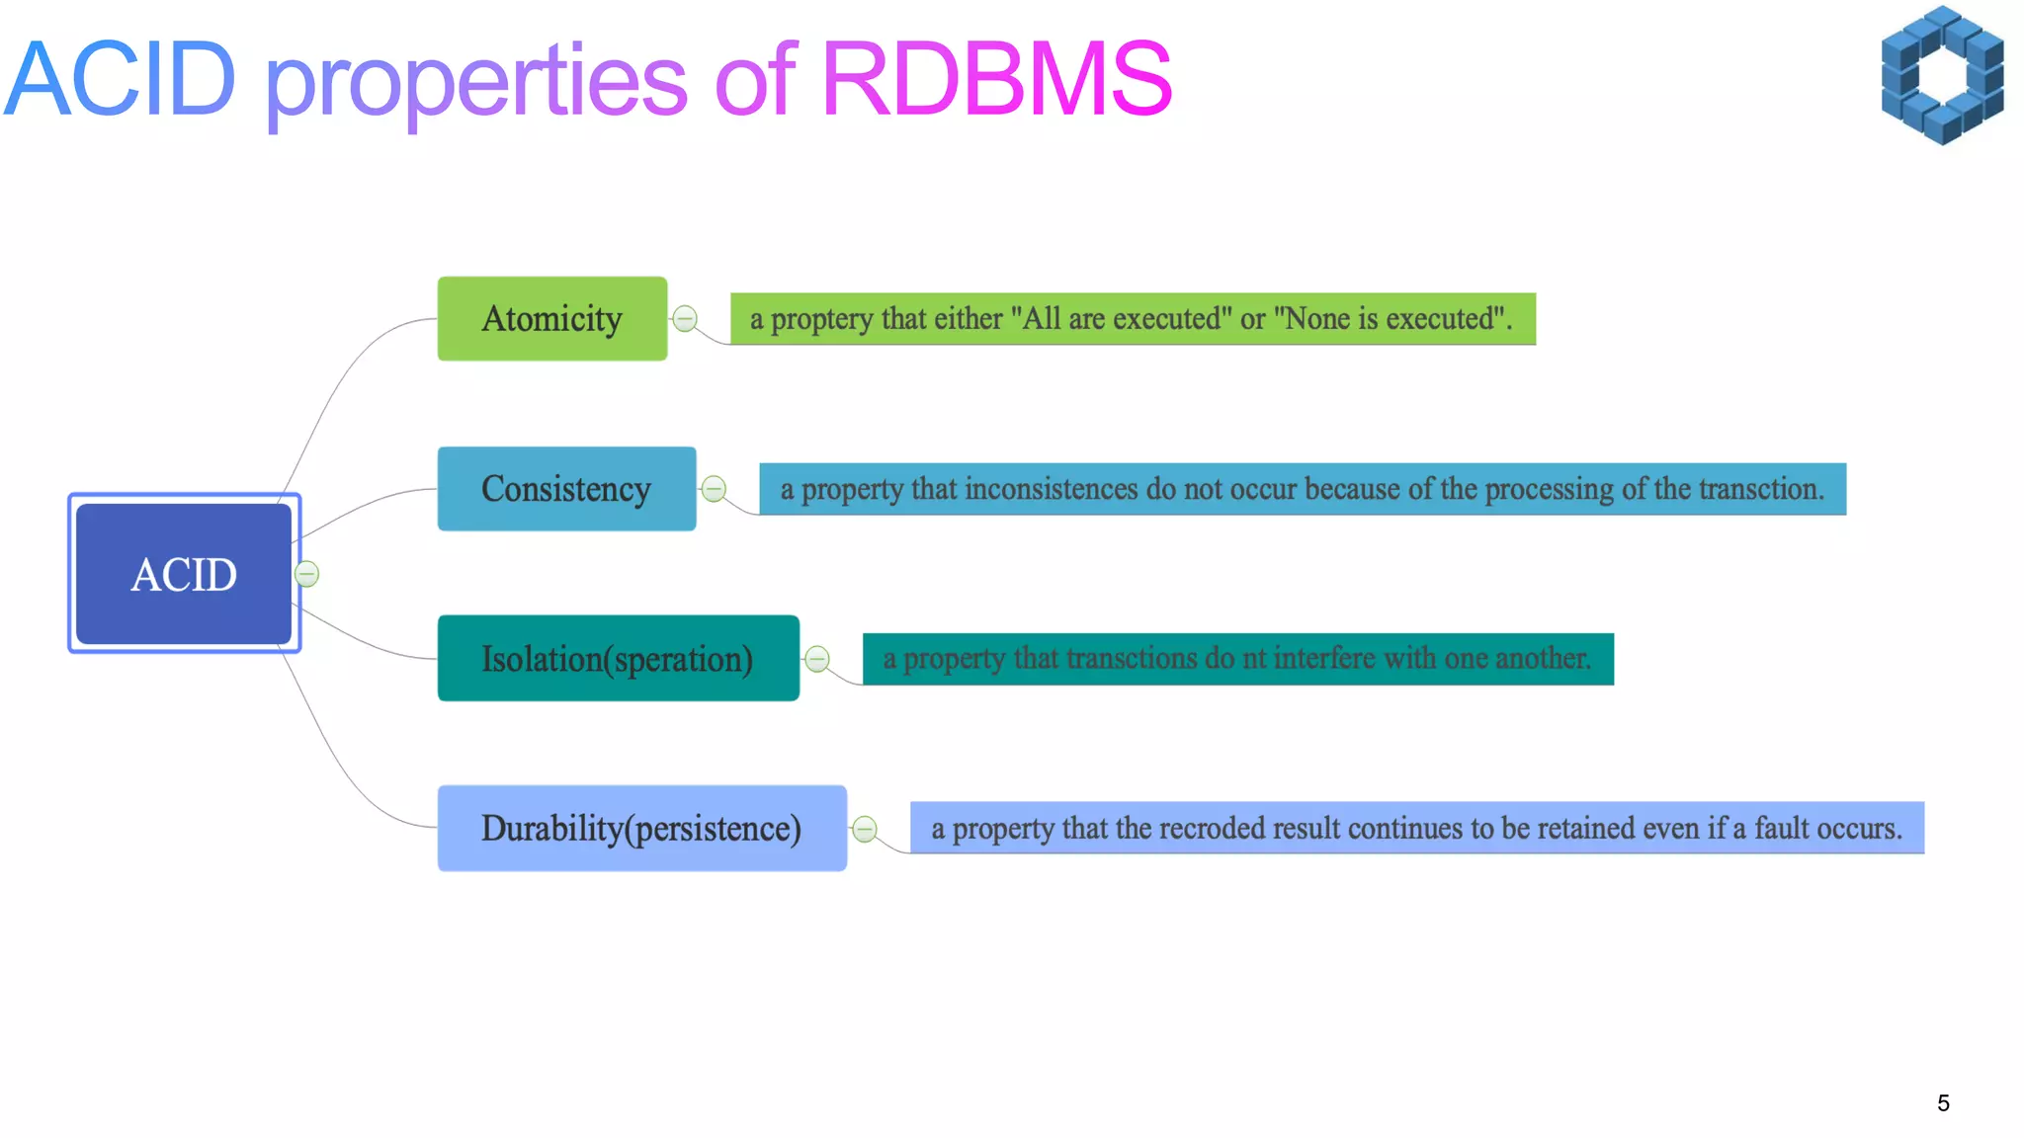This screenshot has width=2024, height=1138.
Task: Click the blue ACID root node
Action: tap(184, 574)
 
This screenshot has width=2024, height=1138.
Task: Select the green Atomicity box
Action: tap(551, 319)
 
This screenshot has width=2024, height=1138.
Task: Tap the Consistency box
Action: tap(566, 489)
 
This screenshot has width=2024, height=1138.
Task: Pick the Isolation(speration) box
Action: tap(618, 659)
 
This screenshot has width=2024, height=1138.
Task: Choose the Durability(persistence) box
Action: tap(641, 828)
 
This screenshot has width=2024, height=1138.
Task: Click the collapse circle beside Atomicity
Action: tap(685, 319)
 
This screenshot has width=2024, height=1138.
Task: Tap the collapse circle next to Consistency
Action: tap(714, 489)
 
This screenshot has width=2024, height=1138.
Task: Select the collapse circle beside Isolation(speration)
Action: tap(817, 659)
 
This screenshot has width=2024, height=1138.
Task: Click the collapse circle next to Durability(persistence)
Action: tap(865, 829)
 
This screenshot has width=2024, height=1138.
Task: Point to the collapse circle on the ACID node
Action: tap(307, 574)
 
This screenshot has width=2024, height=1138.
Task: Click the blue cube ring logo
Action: tap(1942, 76)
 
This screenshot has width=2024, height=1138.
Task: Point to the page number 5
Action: tap(1943, 1103)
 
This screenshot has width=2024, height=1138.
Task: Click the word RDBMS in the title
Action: tap(996, 79)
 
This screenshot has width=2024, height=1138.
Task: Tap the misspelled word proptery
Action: tap(821, 320)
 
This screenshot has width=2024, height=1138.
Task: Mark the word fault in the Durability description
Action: tap(1787, 829)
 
